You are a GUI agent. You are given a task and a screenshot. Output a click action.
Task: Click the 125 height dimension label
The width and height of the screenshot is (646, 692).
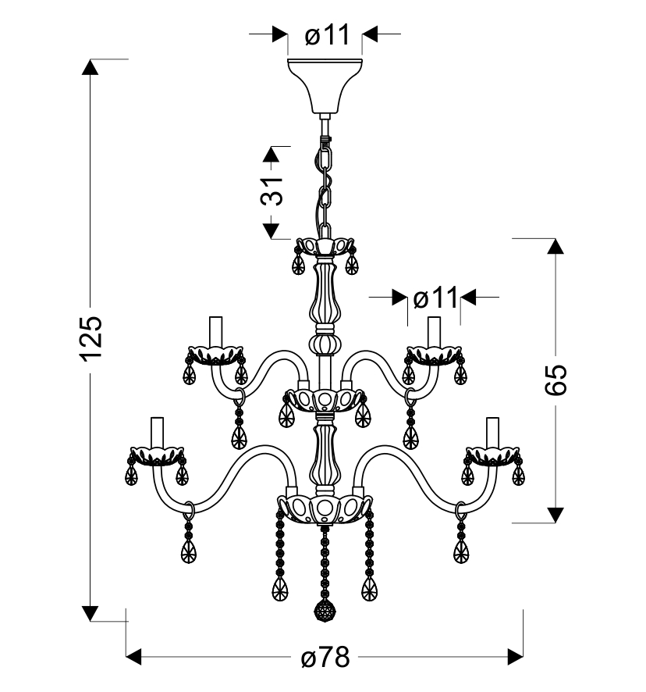(91, 337)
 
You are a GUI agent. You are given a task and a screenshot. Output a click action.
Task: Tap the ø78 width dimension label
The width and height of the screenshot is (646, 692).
(325, 658)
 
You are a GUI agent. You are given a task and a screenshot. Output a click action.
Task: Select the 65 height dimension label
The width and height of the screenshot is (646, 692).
(555, 380)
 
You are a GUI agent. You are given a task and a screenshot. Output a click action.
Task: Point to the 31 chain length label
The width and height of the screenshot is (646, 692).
(272, 192)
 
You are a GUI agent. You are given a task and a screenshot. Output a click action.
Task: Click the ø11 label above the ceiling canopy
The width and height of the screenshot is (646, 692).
(327, 34)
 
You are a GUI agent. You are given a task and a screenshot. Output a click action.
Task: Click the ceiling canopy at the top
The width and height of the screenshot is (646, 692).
(325, 85)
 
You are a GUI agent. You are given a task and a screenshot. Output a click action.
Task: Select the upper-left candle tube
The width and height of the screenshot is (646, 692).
(215, 332)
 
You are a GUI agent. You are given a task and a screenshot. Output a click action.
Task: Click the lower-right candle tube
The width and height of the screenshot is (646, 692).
(492, 433)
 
